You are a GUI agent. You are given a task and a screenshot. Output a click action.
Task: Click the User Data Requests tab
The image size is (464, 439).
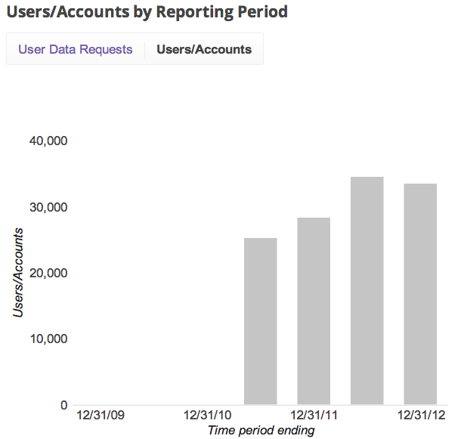point(75,50)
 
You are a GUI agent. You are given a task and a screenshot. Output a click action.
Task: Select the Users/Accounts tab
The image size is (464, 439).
point(204,50)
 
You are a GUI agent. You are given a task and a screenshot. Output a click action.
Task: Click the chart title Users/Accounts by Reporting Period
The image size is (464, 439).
point(147,12)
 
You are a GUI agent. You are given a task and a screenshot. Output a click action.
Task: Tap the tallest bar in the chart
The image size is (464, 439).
point(367,291)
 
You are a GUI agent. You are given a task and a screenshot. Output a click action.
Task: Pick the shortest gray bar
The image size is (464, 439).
point(261,321)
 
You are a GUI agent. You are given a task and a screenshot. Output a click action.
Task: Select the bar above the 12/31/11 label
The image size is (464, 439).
point(314,311)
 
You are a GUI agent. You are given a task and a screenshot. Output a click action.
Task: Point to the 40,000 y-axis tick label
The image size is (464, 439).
point(48,141)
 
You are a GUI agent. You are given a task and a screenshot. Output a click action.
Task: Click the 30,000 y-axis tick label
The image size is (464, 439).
point(48,207)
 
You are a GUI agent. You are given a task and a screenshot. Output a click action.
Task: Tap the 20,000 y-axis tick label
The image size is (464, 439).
point(48,273)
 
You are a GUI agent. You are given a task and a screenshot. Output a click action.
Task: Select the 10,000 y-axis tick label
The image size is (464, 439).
point(48,339)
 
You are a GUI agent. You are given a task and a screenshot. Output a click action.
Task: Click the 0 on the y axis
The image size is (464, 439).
point(64,405)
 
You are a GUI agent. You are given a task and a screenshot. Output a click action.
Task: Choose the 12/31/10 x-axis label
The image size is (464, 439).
point(207,416)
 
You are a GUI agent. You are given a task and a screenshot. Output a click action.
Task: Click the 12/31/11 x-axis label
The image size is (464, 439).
point(314,416)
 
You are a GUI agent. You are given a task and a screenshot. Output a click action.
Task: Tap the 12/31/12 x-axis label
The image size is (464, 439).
point(420,416)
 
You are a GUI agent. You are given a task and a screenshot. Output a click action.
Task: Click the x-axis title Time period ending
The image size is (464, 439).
point(261,431)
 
